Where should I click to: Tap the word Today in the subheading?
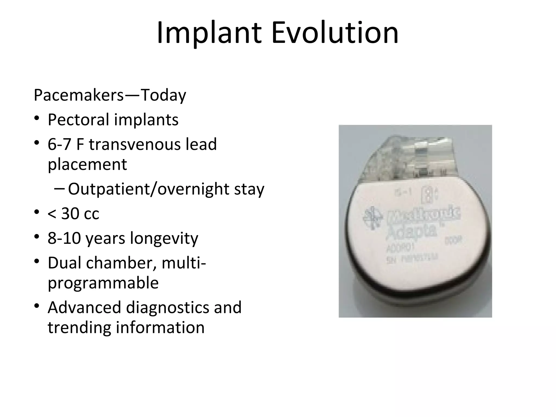[163, 95]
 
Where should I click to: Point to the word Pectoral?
[78, 120]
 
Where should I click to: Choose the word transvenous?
[135, 144]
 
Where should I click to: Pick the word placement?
[87, 165]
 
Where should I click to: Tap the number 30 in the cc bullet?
[70, 214]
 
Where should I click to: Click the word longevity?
[164, 239]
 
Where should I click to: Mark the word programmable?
[103, 283]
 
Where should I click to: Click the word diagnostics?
[168, 307]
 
